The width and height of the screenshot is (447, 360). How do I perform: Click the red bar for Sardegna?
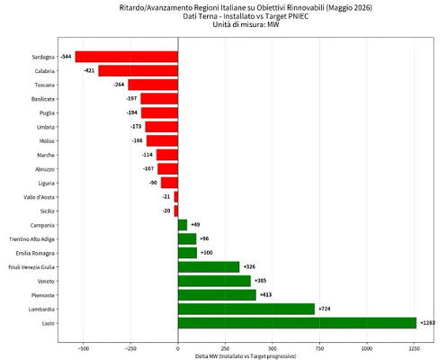pyautogui.click(x=127, y=57)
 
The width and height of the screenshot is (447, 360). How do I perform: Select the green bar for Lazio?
pyautogui.click(x=297, y=323)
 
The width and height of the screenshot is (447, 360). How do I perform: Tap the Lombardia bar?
pyautogui.click(x=246, y=309)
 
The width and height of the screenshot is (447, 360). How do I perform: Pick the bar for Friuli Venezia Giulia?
pyautogui.click(x=209, y=267)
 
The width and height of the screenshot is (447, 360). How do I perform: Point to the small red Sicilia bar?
pyautogui.click(x=176, y=211)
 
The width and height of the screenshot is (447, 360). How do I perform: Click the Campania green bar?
pyautogui.click(x=183, y=225)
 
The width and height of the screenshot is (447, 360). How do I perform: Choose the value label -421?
pyautogui.click(x=89, y=71)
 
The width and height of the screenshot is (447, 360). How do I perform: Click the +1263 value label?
pyautogui.click(x=427, y=323)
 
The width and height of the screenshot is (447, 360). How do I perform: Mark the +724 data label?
pyautogui.click(x=325, y=309)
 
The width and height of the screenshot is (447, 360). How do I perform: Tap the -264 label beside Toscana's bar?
pyautogui.click(x=119, y=85)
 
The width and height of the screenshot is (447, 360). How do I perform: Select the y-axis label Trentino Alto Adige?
pyautogui.click(x=31, y=239)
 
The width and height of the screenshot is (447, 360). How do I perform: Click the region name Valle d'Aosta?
pyautogui.click(x=40, y=197)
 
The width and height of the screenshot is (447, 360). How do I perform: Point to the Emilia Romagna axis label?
pyautogui.click(x=35, y=253)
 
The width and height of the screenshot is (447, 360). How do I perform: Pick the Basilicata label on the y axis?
pyautogui.click(x=43, y=99)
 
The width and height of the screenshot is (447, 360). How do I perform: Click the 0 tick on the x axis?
pyautogui.click(x=178, y=348)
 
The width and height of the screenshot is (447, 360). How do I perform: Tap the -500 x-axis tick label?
pyautogui.click(x=84, y=348)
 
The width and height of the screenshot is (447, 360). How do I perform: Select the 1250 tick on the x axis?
pyautogui.click(x=415, y=348)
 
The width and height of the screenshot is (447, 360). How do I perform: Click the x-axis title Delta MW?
pyautogui.click(x=246, y=356)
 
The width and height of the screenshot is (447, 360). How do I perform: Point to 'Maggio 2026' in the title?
pyautogui.click(x=349, y=8)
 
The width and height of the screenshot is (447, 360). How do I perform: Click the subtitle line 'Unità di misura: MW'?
pyautogui.click(x=246, y=24)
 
